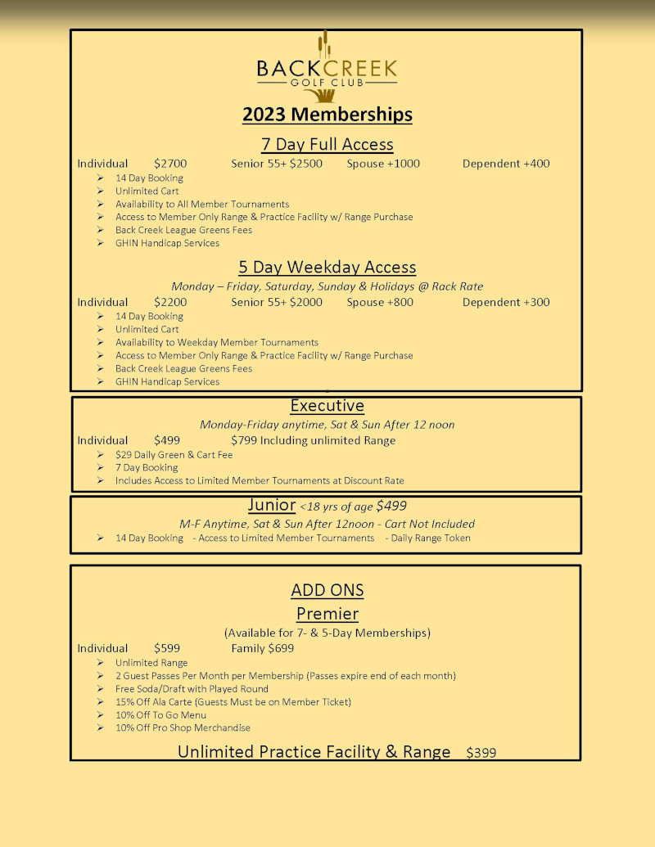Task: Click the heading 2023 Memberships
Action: (327, 114)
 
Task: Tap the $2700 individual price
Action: (170, 164)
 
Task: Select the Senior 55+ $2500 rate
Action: (277, 164)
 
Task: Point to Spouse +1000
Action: (383, 164)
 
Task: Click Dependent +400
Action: (506, 164)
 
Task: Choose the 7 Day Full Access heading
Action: (327, 145)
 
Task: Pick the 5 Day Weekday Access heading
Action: (327, 268)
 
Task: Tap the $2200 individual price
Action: (170, 302)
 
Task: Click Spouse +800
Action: (380, 302)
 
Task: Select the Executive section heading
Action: (327, 406)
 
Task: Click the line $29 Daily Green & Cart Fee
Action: (174, 454)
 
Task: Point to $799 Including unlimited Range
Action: (313, 440)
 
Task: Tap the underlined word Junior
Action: (271, 505)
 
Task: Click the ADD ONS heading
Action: (327, 590)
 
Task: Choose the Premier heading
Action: (327, 614)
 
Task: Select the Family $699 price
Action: (262, 648)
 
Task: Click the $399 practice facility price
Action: (481, 753)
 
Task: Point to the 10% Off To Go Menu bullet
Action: (160, 714)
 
